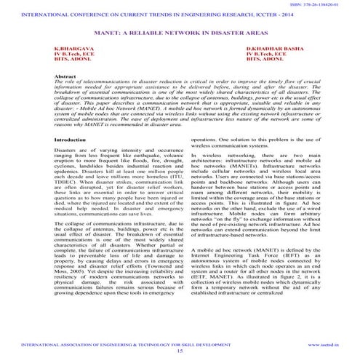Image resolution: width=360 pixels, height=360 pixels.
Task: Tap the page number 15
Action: (180, 350)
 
